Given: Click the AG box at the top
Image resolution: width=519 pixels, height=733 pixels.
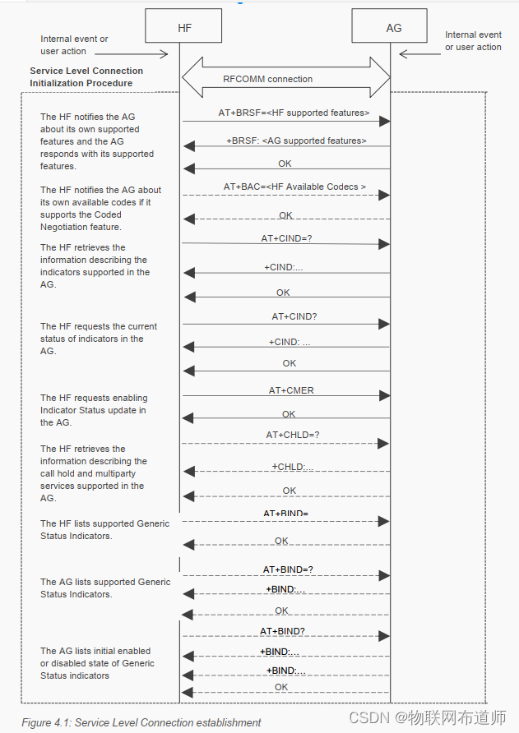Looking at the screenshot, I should tap(394, 27).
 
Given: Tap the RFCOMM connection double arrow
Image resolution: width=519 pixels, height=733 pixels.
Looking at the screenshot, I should tap(285, 79).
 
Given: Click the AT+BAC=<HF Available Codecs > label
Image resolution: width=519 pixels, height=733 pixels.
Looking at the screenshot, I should tap(294, 187).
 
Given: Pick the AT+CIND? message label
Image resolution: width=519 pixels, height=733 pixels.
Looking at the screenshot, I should tap(294, 316).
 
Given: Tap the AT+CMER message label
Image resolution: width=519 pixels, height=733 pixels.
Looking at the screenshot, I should tap(291, 390).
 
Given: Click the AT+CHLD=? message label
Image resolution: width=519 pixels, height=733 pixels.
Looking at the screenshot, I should tap(292, 435).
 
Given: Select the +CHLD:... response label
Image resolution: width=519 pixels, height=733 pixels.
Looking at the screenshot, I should tap(293, 467).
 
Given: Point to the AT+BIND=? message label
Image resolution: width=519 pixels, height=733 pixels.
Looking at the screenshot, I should tap(288, 569).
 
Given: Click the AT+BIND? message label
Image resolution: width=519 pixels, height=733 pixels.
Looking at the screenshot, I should tap(283, 631).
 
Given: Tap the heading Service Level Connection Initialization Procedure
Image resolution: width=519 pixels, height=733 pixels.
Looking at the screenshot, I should tap(86, 77).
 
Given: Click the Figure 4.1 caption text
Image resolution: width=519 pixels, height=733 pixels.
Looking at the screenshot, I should tap(141, 722).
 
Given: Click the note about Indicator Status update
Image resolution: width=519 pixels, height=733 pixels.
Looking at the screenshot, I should tap(94, 410).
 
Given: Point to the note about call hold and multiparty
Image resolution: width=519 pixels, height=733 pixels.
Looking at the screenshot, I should tap(93, 473).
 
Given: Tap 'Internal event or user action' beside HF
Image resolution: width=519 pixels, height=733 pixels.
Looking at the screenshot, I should tap(74, 45).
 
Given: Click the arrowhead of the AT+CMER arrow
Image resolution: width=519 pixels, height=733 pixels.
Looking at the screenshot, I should tap(383, 396).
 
